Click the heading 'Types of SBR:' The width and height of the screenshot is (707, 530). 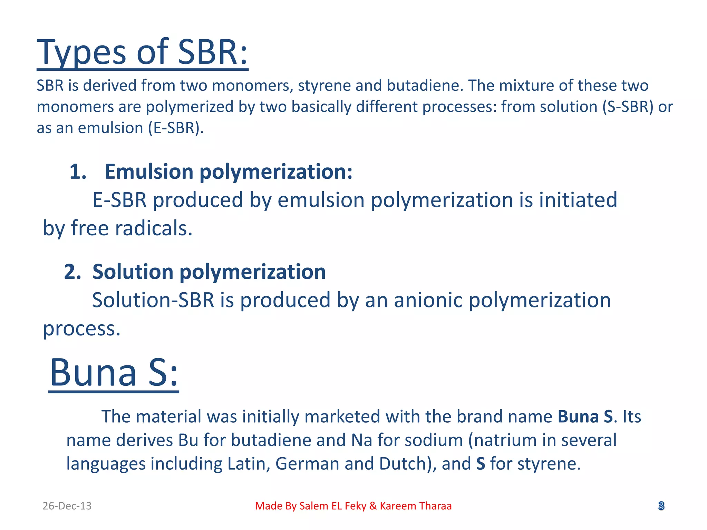(x=142, y=52)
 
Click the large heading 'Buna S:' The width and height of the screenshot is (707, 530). (x=114, y=373)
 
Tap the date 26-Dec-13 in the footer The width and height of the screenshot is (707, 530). (x=67, y=506)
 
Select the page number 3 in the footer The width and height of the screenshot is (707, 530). (x=661, y=506)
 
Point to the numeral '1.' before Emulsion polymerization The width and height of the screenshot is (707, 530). (x=78, y=172)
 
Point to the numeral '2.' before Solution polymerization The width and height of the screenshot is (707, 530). (x=72, y=272)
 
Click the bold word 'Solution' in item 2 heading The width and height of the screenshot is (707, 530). (x=133, y=272)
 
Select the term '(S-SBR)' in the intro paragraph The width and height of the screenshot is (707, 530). (x=628, y=107)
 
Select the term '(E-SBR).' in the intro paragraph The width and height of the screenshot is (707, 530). (x=176, y=128)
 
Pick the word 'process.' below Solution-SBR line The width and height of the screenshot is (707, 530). (x=82, y=328)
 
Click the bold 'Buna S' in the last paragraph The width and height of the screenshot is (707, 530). (x=585, y=416)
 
